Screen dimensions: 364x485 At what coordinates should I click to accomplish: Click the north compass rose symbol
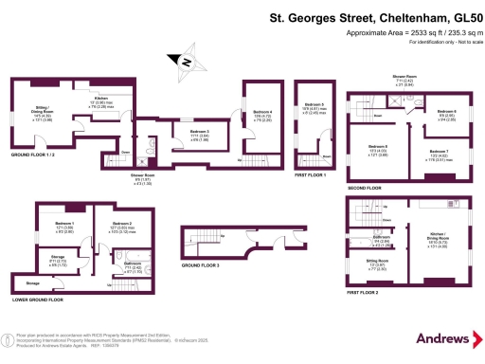coord(186,64)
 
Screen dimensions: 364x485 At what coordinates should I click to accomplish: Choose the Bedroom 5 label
coord(314,104)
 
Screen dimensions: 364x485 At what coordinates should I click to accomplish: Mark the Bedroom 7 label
coord(439,152)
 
